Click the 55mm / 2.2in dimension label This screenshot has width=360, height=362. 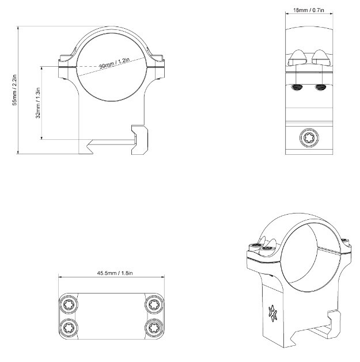(14, 90)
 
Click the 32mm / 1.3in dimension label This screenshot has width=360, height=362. (38, 103)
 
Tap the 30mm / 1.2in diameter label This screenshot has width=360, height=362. (115, 63)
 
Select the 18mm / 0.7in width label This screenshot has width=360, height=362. (309, 10)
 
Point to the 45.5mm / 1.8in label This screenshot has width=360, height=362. (115, 273)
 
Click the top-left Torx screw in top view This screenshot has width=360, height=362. (69, 305)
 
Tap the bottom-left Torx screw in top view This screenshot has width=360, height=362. (69, 327)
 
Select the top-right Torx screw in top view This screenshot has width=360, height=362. (154, 305)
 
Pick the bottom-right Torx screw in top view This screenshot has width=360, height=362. (154, 327)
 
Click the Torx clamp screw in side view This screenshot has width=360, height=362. (309, 138)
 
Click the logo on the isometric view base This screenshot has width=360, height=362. (272, 313)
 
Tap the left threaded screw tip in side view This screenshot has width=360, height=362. (297, 87)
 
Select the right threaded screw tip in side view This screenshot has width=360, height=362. (321, 87)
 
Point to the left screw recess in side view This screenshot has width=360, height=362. (297, 58)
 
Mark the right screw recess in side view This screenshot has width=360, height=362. (321, 58)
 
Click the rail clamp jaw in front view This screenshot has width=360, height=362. (140, 140)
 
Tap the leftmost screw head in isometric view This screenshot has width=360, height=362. (256, 245)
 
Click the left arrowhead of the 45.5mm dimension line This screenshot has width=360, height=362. (59, 277)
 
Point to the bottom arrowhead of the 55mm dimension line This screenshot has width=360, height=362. (18, 153)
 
